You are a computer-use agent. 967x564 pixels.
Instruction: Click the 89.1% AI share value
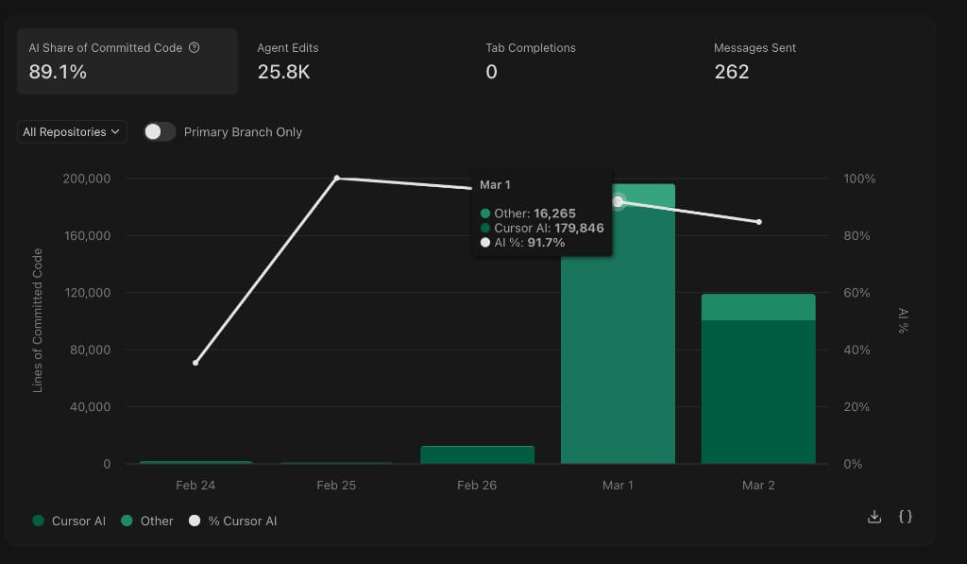58,72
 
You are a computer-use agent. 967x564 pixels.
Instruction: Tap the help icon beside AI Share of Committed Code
195,48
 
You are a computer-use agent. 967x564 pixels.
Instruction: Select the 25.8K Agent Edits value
283,72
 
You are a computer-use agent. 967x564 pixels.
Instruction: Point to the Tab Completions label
530,48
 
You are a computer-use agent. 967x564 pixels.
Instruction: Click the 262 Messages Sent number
731,72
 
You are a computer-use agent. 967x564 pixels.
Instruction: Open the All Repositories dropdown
72,132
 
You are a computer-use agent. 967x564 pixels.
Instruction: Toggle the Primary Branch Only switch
160,132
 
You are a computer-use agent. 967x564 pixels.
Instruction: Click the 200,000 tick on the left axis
86,179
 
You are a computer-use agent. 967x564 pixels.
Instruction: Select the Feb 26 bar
477,454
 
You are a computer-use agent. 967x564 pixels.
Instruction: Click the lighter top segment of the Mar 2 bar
758,307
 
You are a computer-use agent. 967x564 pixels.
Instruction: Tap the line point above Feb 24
195,363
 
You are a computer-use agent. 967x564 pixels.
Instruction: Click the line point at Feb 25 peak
336,179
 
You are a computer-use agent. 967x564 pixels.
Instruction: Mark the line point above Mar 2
758,222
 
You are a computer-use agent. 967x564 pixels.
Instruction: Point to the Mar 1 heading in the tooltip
495,185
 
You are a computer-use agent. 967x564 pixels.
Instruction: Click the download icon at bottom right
874,516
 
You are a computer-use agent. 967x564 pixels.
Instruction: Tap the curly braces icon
905,516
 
